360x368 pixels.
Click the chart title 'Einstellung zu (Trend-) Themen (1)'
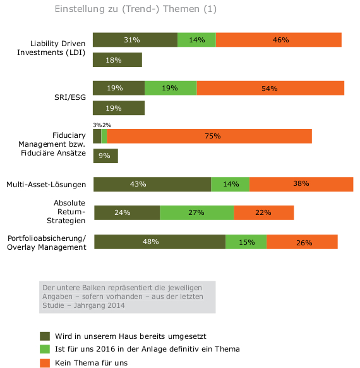(135, 9)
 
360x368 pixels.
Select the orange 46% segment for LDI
(279, 40)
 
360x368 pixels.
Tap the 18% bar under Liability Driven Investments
(117, 60)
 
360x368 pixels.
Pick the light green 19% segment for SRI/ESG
(171, 88)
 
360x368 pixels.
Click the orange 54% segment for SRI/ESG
(270, 88)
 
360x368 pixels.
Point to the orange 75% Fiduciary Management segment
(209, 136)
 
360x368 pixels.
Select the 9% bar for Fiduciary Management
(105, 156)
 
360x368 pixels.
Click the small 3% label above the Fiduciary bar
(97, 125)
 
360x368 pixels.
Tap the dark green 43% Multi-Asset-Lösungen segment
(152, 184)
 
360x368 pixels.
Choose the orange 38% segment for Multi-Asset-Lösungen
(301, 184)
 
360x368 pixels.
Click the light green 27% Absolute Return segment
(197, 213)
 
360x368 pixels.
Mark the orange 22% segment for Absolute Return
(264, 213)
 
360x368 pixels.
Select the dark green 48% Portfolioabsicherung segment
(160, 242)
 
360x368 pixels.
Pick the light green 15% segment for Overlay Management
(246, 242)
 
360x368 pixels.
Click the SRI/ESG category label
(70, 97)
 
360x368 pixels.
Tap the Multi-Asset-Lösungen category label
(46, 185)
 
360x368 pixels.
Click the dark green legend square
(45, 336)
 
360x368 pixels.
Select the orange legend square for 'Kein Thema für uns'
(45, 363)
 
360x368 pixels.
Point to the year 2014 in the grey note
(116, 305)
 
